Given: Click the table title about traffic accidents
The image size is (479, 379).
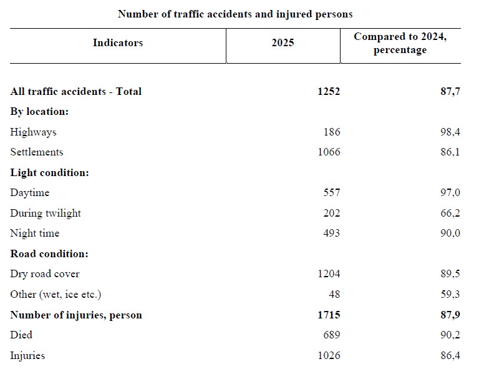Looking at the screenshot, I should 235,14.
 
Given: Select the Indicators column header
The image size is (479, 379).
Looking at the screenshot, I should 118,43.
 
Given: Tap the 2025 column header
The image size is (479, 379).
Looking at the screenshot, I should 283,43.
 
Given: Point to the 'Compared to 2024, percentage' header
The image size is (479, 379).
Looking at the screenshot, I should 400,44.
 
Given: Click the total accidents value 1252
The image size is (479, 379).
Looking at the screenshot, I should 328,92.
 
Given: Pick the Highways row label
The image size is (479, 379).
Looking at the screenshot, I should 33,132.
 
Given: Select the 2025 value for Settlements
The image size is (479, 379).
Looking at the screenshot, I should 328,152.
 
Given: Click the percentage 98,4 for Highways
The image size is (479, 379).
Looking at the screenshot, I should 450,132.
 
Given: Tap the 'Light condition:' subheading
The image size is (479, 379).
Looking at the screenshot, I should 49,173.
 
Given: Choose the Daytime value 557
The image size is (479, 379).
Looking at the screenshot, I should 331,193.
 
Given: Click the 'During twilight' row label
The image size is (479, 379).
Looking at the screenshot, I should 46,214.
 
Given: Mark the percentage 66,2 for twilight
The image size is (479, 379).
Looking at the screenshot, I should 450,214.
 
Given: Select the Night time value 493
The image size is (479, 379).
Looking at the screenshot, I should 331,234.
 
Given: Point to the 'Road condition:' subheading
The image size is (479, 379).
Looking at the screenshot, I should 49,254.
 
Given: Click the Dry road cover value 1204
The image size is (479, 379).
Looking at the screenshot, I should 328,274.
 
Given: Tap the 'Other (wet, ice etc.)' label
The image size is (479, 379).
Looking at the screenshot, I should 56,295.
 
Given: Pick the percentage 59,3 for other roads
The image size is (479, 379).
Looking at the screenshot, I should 450,295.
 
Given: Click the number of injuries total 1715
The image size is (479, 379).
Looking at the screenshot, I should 328,315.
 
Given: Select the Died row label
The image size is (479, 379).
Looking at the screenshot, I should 21,335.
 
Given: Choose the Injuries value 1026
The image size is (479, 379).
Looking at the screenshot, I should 328,356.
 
